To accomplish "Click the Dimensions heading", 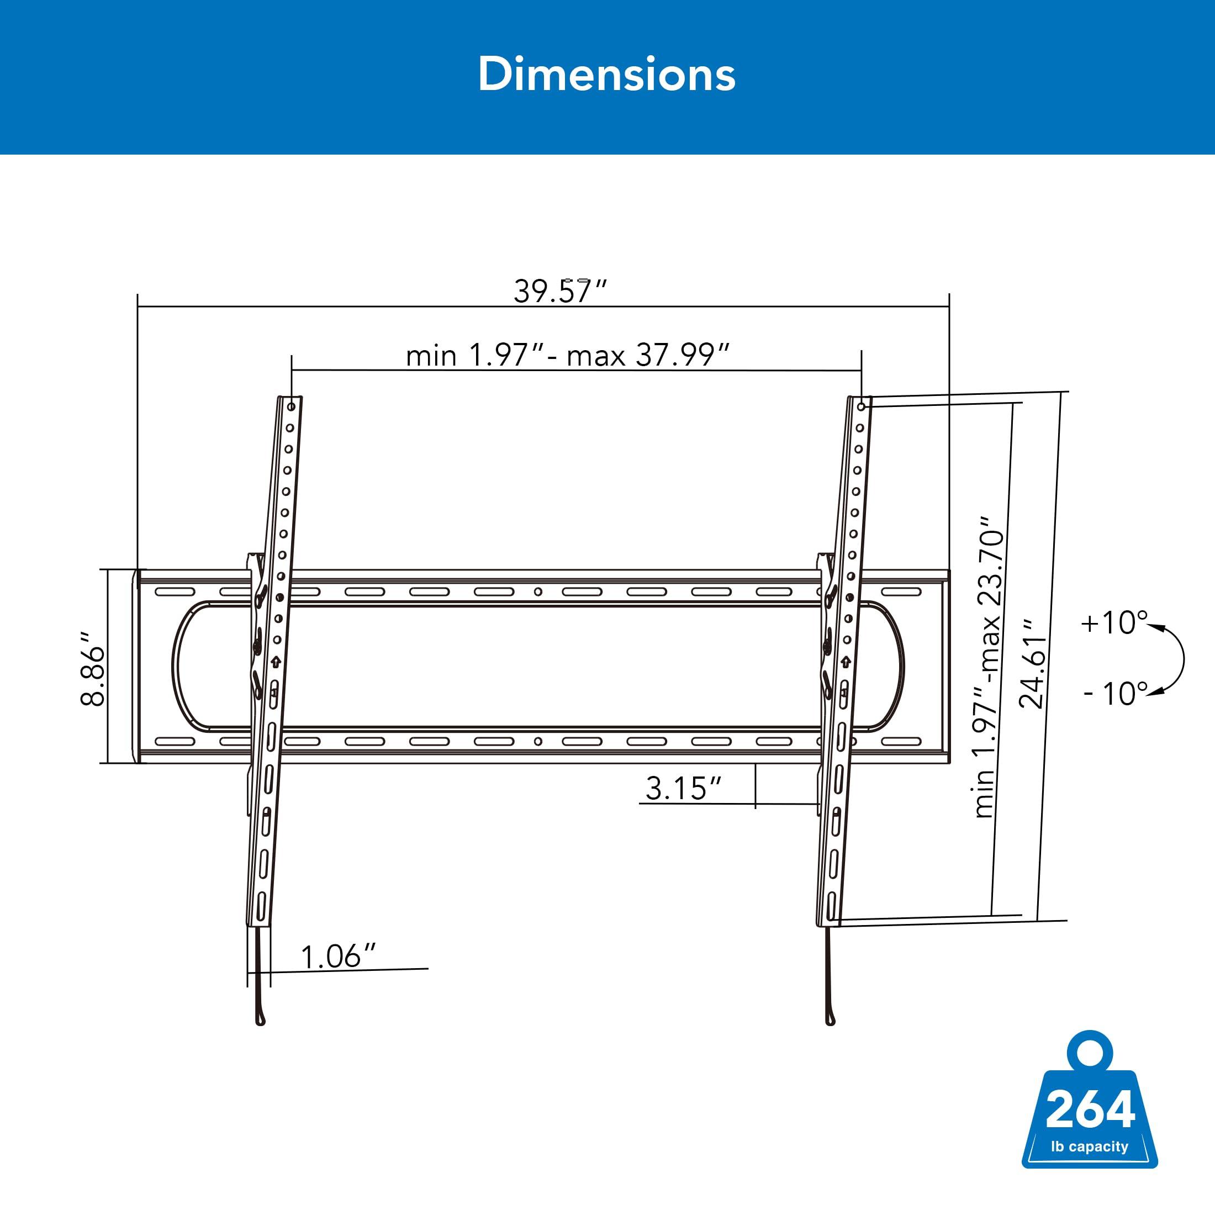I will [x=606, y=74].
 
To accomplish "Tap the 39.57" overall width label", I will [x=559, y=291].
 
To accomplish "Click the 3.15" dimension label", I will [x=683, y=788].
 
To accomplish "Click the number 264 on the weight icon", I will [x=1090, y=1111].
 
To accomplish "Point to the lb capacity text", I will [x=1090, y=1147].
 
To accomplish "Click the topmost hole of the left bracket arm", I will [x=292, y=407].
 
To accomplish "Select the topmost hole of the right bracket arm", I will [x=862, y=407].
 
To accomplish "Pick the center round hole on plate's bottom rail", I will [x=538, y=742].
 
